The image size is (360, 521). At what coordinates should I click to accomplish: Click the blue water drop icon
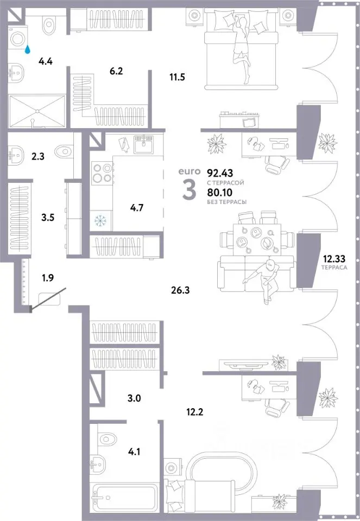click(x=28, y=49)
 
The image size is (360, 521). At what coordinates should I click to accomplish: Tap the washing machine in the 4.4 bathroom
click(x=17, y=39)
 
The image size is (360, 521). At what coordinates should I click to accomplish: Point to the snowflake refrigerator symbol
click(x=100, y=220)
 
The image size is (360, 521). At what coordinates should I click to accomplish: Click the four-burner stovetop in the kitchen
click(x=102, y=173)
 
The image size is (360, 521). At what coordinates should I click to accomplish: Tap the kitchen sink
click(x=143, y=143)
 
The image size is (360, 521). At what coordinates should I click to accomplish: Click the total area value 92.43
click(x=220, y=173)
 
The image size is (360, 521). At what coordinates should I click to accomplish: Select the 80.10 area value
click(x=220, y=192)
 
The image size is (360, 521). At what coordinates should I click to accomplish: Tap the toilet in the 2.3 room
click(x=65, y=151)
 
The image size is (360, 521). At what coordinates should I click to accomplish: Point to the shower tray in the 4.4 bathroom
click(x=37, y=111)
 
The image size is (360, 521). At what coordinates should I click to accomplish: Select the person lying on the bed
click(x=241, y=50)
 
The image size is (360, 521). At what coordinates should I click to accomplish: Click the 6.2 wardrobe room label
click(x=116, y=71)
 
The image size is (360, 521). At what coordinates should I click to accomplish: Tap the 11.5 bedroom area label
click(x=177, y=77)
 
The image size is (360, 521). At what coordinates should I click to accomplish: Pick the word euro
click(x=190, y=171)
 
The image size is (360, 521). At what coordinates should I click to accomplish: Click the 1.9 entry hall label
click(x=48, y=277)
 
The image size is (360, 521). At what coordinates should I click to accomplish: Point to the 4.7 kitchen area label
click(x=137, y=208)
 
